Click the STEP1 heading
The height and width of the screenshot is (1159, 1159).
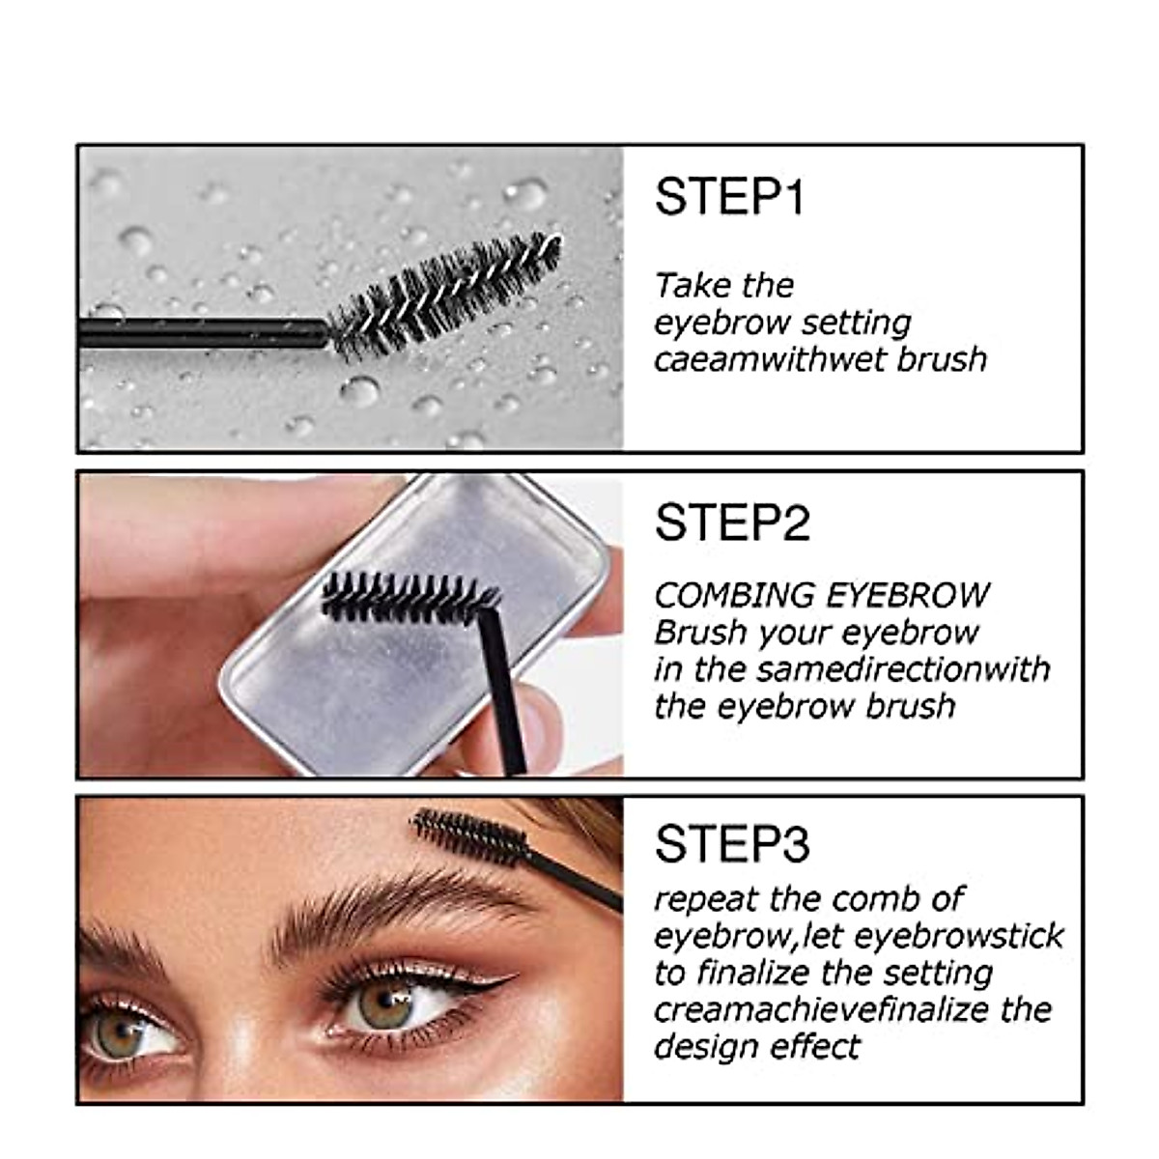pos(729,197)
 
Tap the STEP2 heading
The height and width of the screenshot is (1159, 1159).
pos(732,523)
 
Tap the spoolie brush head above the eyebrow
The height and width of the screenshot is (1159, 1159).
pos(468,836)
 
